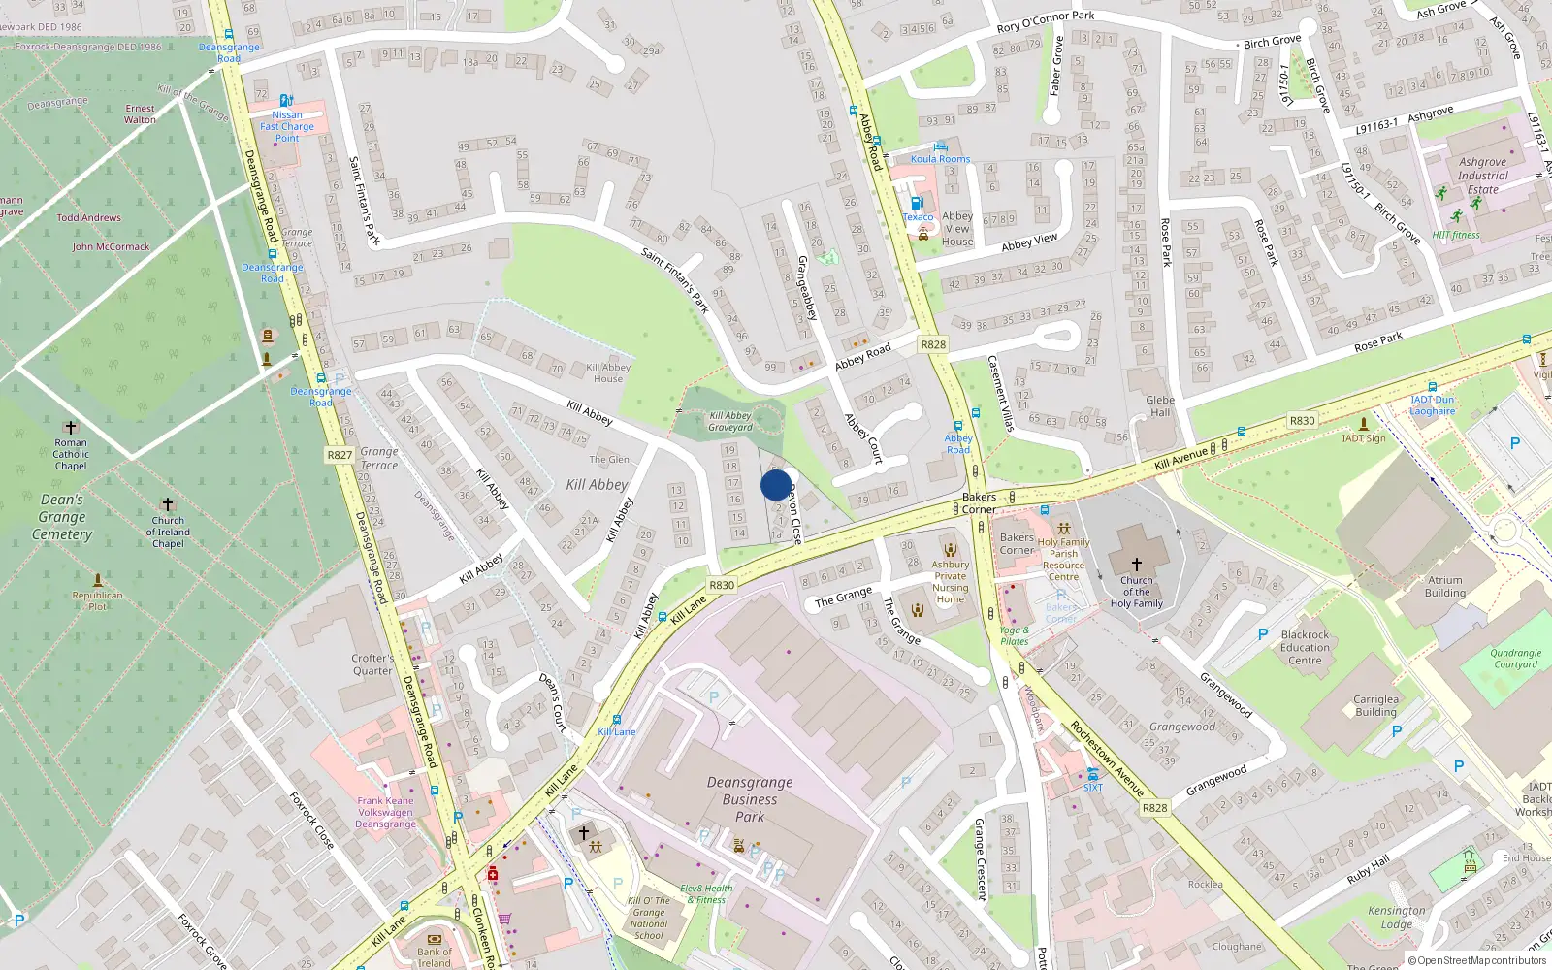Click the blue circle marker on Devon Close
776,485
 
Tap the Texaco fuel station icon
917,204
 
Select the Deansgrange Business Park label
750,799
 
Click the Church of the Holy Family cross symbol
1137,564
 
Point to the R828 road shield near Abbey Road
933,344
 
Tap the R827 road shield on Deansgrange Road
339,455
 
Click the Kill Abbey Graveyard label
730,421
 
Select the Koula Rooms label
940,159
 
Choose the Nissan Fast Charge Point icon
285,100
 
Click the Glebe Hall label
1160,405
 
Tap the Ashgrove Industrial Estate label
1482,176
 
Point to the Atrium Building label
1444,586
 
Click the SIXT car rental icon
1093,774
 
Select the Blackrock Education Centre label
1305,647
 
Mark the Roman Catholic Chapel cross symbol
70,427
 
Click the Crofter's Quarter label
372,664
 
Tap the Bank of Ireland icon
434,939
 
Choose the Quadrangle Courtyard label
1515,659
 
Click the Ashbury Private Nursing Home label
951,581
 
